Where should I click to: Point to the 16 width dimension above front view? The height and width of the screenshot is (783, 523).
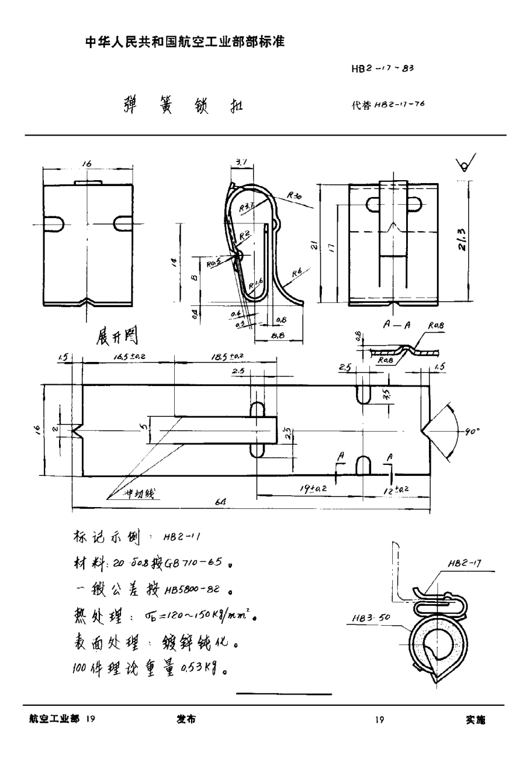click(88, 163)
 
